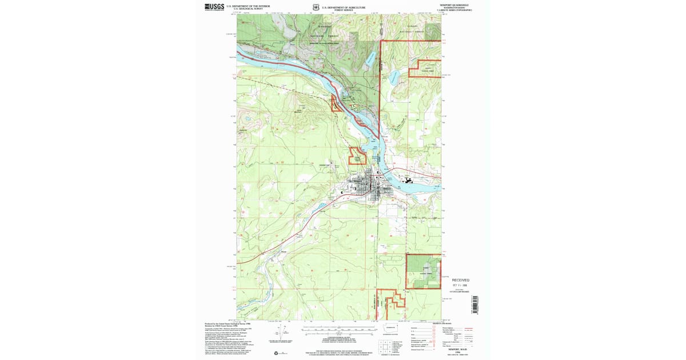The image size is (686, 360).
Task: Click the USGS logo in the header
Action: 214,7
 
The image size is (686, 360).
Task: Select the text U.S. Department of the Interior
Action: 245,6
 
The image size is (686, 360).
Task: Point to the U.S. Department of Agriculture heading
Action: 343,7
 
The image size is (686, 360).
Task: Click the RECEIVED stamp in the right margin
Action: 460,280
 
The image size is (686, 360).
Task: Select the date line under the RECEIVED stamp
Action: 460,285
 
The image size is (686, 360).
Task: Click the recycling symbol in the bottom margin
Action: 277,353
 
